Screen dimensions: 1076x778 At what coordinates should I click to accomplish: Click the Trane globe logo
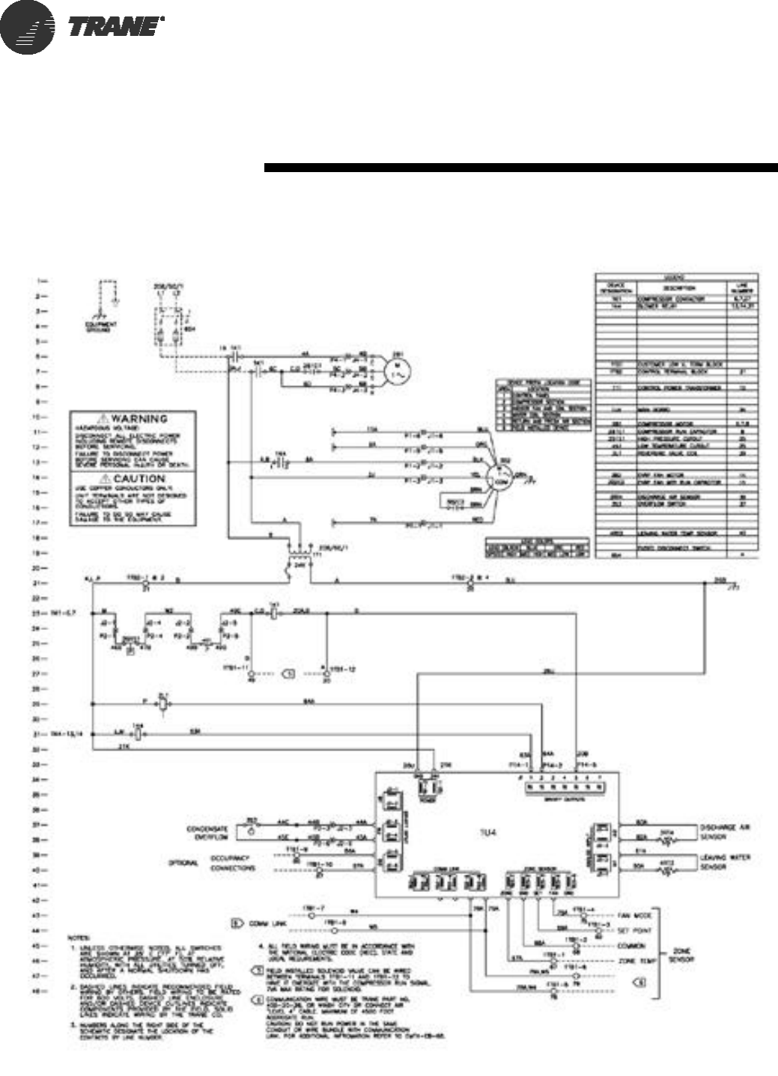pos(28,27)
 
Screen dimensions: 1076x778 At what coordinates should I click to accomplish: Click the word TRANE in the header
pos(115,27)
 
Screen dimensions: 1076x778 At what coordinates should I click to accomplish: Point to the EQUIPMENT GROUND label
pos(101,327)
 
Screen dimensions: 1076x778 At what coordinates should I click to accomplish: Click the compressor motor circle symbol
pos(395,368)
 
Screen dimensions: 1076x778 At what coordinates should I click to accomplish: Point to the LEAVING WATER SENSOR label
pos(724,862)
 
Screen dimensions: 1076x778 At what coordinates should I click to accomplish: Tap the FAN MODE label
pos(637,916)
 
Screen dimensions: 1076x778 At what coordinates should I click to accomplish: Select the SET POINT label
pos(637,931)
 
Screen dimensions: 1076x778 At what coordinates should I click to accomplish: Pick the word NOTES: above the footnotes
pos(78,938)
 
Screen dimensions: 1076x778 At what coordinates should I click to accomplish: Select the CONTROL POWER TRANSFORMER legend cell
pos(679,388)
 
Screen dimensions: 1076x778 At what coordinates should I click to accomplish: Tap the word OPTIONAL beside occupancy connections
pos(183,863)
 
